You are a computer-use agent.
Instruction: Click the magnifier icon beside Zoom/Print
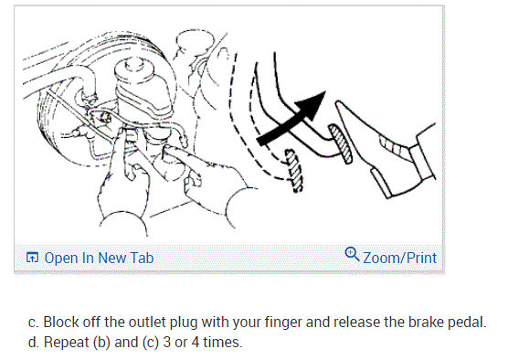click(x=352, y=256)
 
